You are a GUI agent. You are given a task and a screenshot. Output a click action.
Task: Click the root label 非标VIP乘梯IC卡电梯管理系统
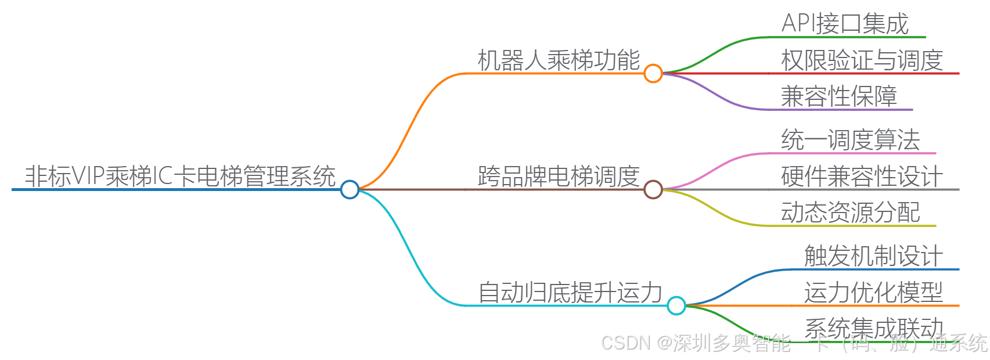point(180,176)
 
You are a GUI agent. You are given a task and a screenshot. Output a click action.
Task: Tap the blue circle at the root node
point(350,189)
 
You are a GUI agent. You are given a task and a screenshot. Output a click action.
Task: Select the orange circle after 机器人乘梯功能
point(653,73)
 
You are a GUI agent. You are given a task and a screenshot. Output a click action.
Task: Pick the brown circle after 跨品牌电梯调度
point(653,189)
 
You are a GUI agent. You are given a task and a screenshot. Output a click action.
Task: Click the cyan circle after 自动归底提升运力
point(676,305)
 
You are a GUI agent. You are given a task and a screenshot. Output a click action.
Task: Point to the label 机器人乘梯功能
point(559,60)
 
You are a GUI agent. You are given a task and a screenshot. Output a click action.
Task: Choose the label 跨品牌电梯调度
point(559,176)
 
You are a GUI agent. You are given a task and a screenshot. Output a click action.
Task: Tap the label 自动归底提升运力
point(570,292)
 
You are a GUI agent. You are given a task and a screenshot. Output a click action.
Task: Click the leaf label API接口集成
point(845,24)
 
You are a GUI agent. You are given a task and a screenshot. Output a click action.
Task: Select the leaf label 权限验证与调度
point(862,60)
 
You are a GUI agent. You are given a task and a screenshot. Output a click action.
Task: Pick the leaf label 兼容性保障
point(839,96)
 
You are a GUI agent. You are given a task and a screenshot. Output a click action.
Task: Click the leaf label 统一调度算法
point(851,140)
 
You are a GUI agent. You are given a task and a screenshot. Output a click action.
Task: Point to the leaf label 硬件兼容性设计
point(862,176)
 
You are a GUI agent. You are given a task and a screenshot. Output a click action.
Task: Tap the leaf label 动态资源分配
point(851,213)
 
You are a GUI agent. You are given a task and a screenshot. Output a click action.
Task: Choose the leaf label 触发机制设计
point(874,256)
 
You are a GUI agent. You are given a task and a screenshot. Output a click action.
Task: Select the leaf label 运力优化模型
point(874,292)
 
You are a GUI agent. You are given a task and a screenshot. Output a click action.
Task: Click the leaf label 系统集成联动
point(874,327)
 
